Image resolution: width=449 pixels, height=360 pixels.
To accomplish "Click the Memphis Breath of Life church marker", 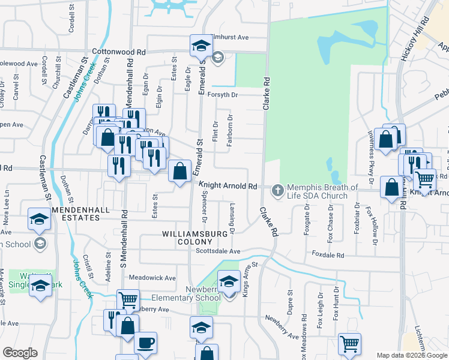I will point(277,191).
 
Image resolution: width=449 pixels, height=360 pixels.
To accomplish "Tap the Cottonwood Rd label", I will point(119,52).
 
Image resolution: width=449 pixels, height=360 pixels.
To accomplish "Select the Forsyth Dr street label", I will point(223,95).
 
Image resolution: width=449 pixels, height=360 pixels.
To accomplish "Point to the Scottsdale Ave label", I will point(218,251).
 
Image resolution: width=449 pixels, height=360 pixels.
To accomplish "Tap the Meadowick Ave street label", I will point(152,278).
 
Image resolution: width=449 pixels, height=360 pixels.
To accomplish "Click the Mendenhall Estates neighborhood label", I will point(76,214).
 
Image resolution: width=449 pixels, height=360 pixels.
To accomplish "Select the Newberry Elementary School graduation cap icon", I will point(229,281).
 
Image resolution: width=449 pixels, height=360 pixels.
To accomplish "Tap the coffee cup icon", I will point(145,343).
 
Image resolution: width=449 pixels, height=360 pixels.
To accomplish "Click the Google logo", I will point(20,353).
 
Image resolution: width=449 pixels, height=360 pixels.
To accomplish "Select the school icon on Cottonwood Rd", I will point(202,46).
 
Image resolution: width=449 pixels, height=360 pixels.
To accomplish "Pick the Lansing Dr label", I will point(232,218).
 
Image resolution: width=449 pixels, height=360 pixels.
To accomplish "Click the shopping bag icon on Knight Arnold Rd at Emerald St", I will point(179,172).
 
